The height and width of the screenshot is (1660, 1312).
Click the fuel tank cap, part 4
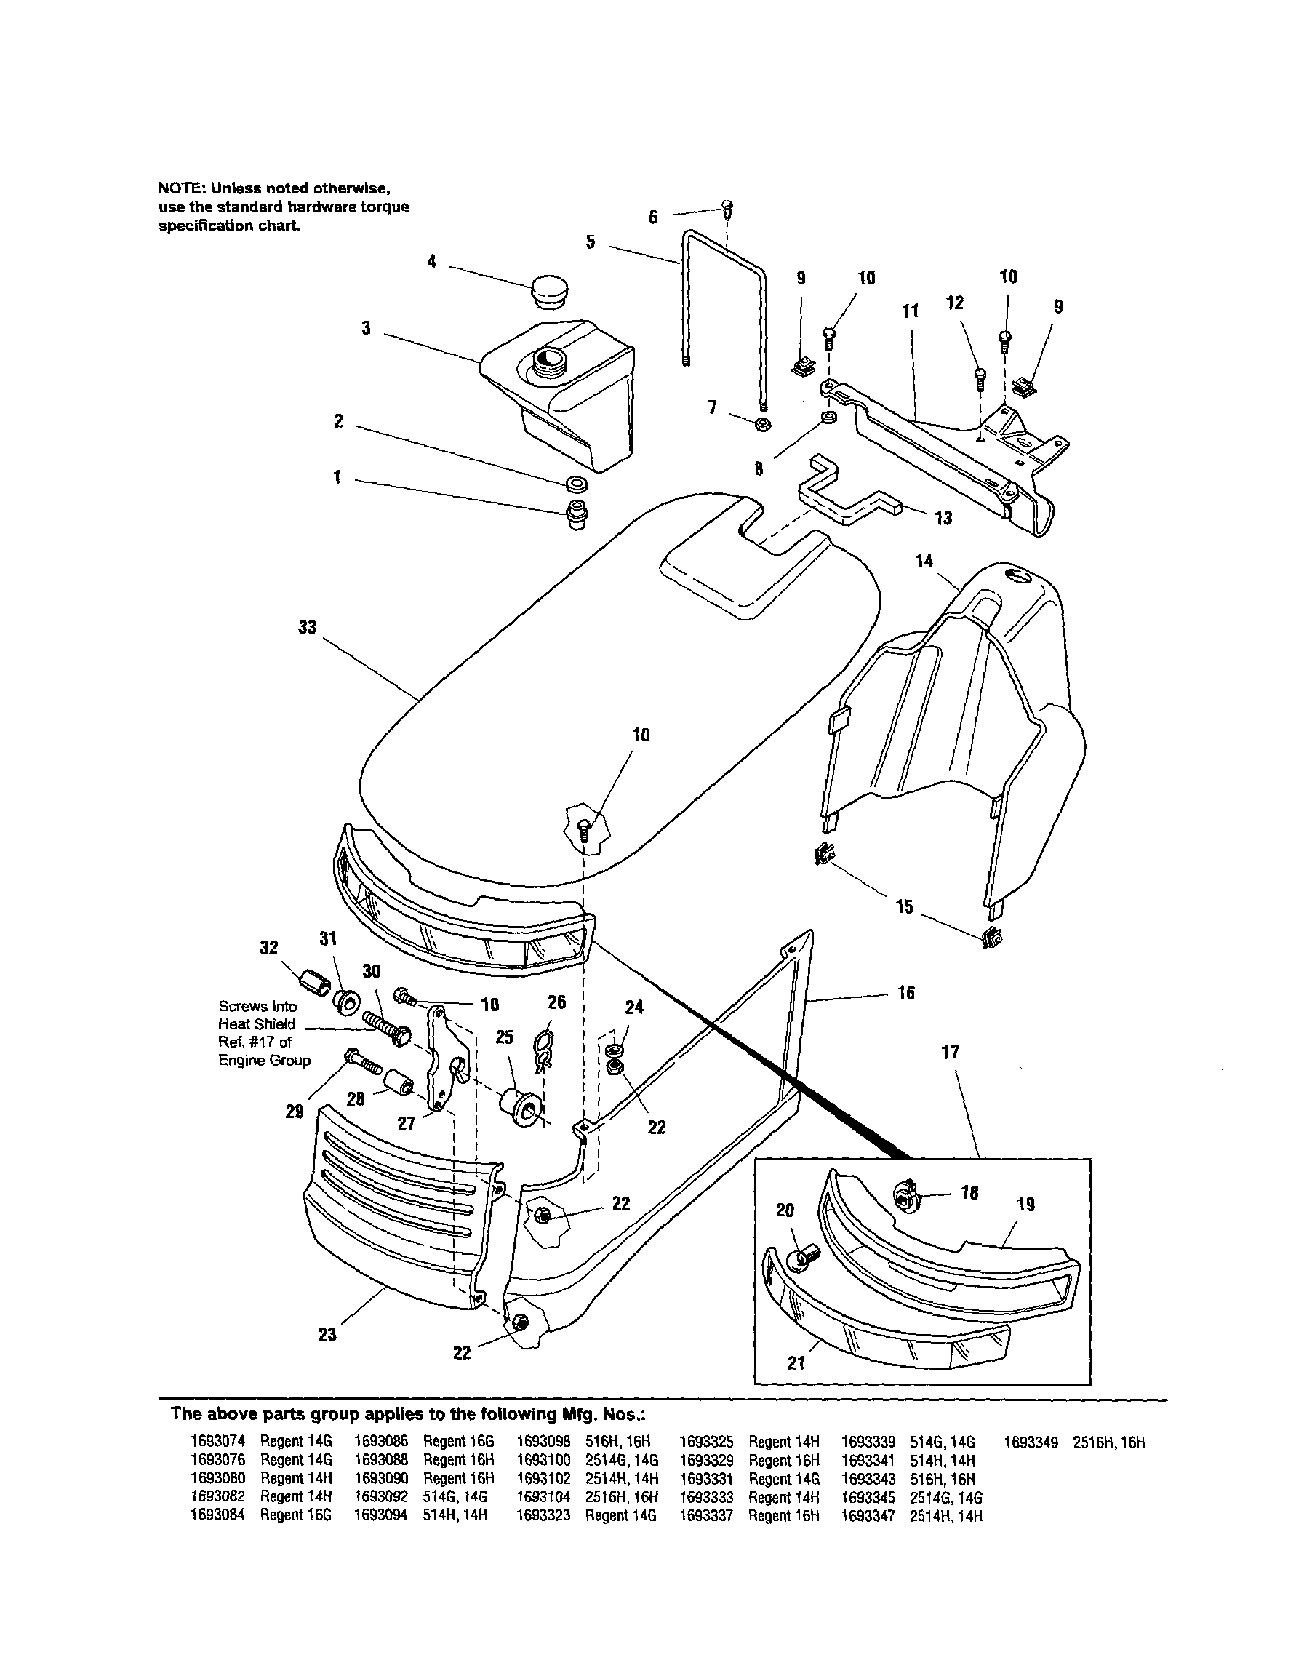(x=551, y=291)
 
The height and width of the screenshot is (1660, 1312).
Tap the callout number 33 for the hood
(x=306, y=628)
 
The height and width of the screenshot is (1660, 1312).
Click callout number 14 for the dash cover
(x=924, y=562)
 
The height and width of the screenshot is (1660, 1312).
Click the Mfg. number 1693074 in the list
(x=217, y=1442)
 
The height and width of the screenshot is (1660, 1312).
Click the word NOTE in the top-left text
(x=179, y=188)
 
